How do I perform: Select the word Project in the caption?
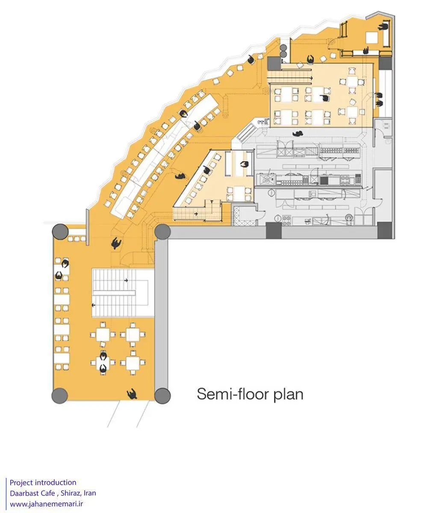[21, 483]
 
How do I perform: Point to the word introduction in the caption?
[56, 482]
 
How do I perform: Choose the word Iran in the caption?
[90, 493]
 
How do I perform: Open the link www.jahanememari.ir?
[47, 504]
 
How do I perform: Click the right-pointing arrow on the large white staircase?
[126, 280]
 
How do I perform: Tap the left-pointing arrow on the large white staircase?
[94, 305]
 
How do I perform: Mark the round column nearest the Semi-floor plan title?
[162, 396]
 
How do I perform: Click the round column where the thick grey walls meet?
[162, 232]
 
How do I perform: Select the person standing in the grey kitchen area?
[298, 134]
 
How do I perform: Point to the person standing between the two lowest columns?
[132, 394]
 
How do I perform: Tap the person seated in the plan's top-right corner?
[383, 27]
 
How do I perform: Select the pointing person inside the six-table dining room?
[324, 98]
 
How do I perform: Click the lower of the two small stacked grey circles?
[283, 54]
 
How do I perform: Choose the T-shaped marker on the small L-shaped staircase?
[212, 201]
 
